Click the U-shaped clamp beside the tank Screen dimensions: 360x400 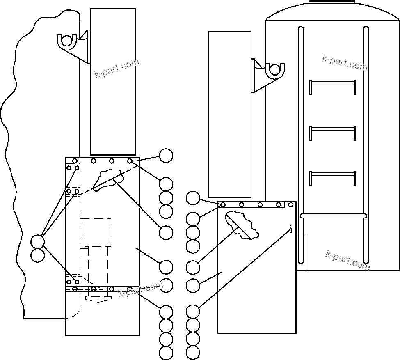274,70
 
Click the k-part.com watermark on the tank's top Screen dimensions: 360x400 344,63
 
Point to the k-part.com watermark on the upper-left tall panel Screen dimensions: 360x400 117,68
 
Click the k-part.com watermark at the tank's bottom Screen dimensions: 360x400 347,260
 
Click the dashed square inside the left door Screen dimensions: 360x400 98,232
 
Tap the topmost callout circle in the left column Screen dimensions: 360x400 166,156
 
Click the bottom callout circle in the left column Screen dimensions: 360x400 166,353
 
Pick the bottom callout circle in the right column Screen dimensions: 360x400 193,352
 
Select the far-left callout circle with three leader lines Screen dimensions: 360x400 37,241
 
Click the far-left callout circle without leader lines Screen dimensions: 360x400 37,255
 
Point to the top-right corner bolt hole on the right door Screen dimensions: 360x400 291,204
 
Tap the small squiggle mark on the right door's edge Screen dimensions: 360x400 292,228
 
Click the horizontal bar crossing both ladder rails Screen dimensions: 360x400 333,216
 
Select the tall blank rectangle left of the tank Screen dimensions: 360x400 229,114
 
